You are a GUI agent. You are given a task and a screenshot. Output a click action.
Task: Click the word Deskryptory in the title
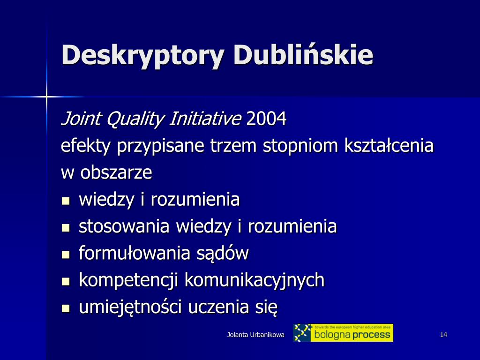(143, 55)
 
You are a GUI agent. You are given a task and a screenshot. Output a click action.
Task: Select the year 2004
(266, 119)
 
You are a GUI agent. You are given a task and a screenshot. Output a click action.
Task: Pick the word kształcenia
(389, 145)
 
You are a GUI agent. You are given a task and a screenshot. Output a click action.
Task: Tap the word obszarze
(116, 172)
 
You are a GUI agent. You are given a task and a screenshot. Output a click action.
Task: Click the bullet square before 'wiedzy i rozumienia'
(66, 201)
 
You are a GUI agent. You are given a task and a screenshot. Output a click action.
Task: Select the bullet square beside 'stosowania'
(66, 228)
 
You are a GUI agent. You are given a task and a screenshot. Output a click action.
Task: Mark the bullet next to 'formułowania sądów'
(66, 255)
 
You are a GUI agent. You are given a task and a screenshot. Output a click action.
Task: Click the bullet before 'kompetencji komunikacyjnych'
(66, 281)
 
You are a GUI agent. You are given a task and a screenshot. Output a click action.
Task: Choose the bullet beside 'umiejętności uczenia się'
(66, 308)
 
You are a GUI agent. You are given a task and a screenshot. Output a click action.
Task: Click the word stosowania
(124, 226)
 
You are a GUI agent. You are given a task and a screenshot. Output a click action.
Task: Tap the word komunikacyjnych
(255, 281)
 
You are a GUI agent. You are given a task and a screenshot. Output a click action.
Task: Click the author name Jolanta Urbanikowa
(255, 335)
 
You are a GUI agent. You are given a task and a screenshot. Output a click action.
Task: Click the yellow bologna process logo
(343, 333)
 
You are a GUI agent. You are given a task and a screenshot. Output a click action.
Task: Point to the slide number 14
(443, 335)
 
